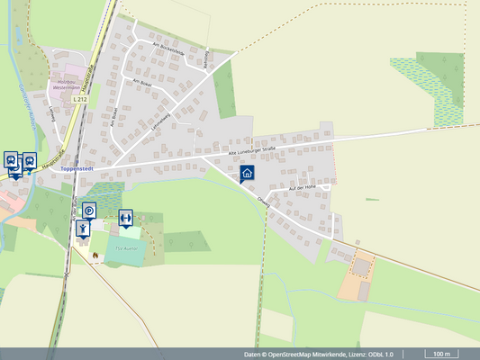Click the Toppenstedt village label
click(x=78, y=168)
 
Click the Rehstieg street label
click(x=206, y=58)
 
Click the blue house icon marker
click(x=247, y=174)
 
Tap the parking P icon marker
click(x=89, y=211)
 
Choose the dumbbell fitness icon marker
click(x=125, y=218)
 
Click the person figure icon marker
click(x=83, y=229)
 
